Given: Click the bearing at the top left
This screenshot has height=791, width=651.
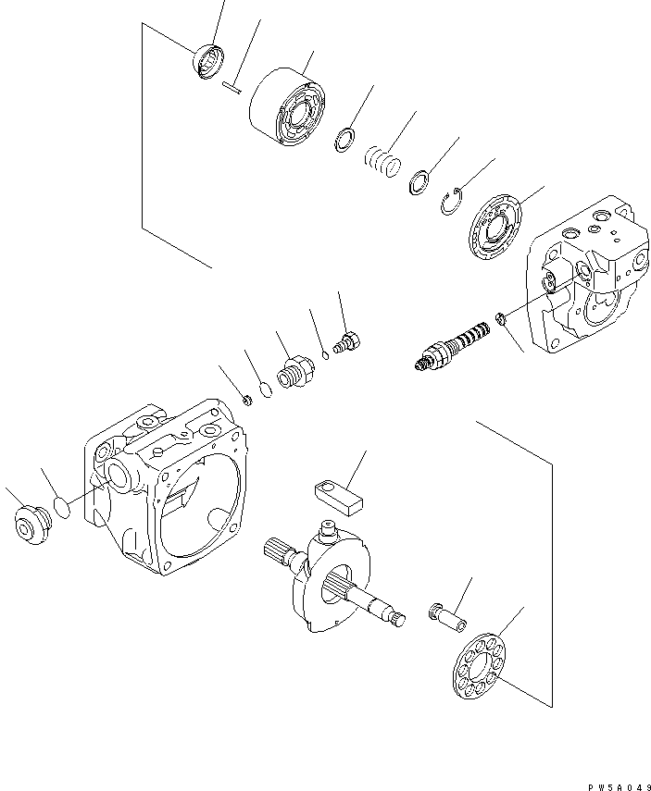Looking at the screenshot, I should tap(207, 61).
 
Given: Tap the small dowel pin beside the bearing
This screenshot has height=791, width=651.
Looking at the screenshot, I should tap(232, 88).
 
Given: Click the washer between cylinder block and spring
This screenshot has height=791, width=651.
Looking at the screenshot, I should tap(343, 140).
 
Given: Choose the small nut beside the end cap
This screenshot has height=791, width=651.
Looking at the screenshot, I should tap(501, 319).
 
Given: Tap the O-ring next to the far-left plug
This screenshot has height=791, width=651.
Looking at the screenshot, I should tap(61, 507).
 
